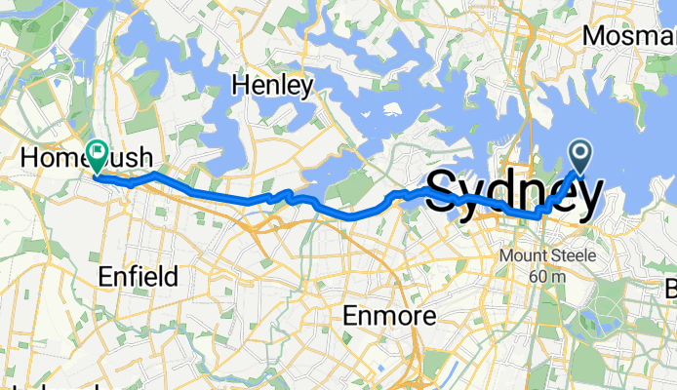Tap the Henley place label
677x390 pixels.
tap(272, 86)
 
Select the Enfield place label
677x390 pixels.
tap(138, 276)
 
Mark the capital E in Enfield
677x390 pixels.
tap(105, 276)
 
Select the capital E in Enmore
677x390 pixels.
tap(353, 316)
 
